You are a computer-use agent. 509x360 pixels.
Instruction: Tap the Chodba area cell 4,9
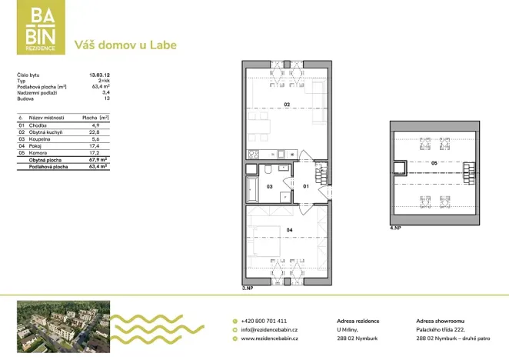[x=96, y=125]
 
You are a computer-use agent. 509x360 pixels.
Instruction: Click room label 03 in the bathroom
[x=270, y=186]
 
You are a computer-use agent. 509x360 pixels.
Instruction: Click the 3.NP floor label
[x=246, y=288]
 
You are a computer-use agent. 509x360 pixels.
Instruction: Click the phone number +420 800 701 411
[x=265, y=321]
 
